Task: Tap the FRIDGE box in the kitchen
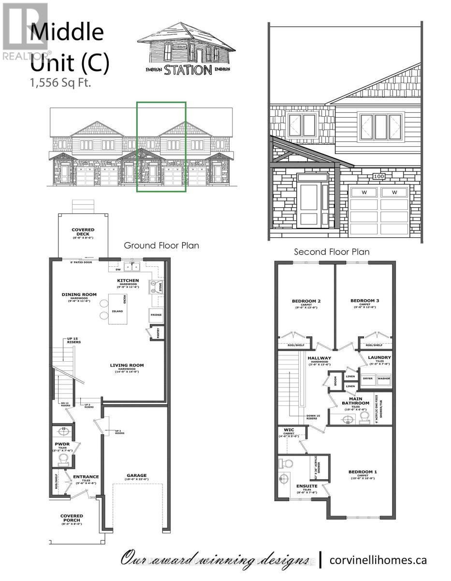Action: (156, 315)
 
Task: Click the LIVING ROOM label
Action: (126, 366)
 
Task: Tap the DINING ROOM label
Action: (79, 294)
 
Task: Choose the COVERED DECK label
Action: (83, 232)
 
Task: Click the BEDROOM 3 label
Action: (365, 301)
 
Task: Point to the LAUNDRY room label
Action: (379, 358)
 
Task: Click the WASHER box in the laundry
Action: (384, 378)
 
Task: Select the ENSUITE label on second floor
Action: (307, 486)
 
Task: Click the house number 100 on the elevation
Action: (378, 176)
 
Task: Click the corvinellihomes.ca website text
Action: (378, 560)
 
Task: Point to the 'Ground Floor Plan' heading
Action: (161, 245)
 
